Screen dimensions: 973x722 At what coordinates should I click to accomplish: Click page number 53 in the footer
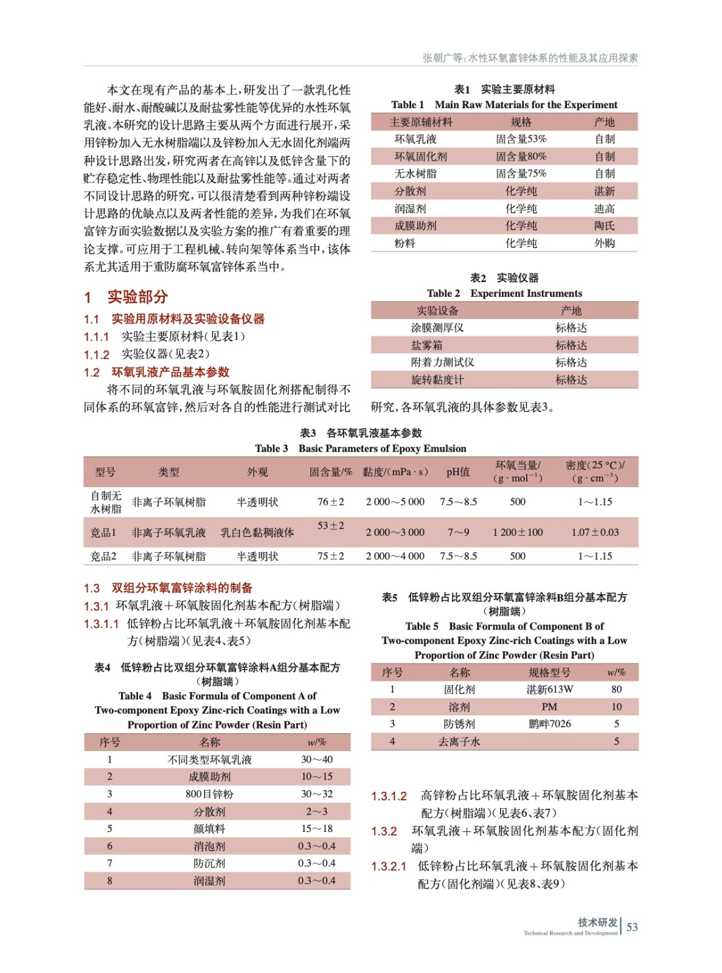(x=632, y=927)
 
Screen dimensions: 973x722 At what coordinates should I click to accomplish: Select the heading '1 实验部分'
(x=126, y=297)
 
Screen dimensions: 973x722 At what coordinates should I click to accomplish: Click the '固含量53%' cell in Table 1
(x=521, y=139)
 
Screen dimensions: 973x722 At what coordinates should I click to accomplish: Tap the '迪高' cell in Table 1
(x=604, y=209)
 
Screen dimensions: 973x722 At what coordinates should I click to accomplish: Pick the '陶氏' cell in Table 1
(x=604, y=226)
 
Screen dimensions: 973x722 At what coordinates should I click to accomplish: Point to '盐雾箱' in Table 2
(x=426, y=345)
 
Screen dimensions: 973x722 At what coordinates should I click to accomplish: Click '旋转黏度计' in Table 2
(x=437, y=380)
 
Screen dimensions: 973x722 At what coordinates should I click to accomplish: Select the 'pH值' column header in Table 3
(x=458, y=472)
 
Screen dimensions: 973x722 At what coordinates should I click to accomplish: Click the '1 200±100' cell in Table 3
(x=518, y=532)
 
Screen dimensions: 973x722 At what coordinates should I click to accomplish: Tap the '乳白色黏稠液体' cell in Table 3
(x=257, y=533)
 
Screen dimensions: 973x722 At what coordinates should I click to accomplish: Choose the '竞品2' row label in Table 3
(x=103, y=556)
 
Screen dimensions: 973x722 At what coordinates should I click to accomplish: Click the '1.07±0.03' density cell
(x=595, y=532)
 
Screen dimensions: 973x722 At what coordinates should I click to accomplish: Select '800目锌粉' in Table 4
(x=209, y=794)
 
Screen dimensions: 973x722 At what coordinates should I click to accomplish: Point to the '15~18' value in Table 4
(x=316, y=828)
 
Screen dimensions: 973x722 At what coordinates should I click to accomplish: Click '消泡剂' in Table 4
(x=209, y=846)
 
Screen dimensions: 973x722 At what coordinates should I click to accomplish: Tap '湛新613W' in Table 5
(x=549, y=690)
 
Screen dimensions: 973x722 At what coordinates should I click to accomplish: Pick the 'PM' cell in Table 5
(x=549, y=707)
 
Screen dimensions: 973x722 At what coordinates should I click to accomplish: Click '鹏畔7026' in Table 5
(x=549, y=724)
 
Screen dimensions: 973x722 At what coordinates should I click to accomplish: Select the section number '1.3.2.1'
(x=389, y=867)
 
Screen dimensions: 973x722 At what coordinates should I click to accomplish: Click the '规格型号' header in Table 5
(x=549, y=673)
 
